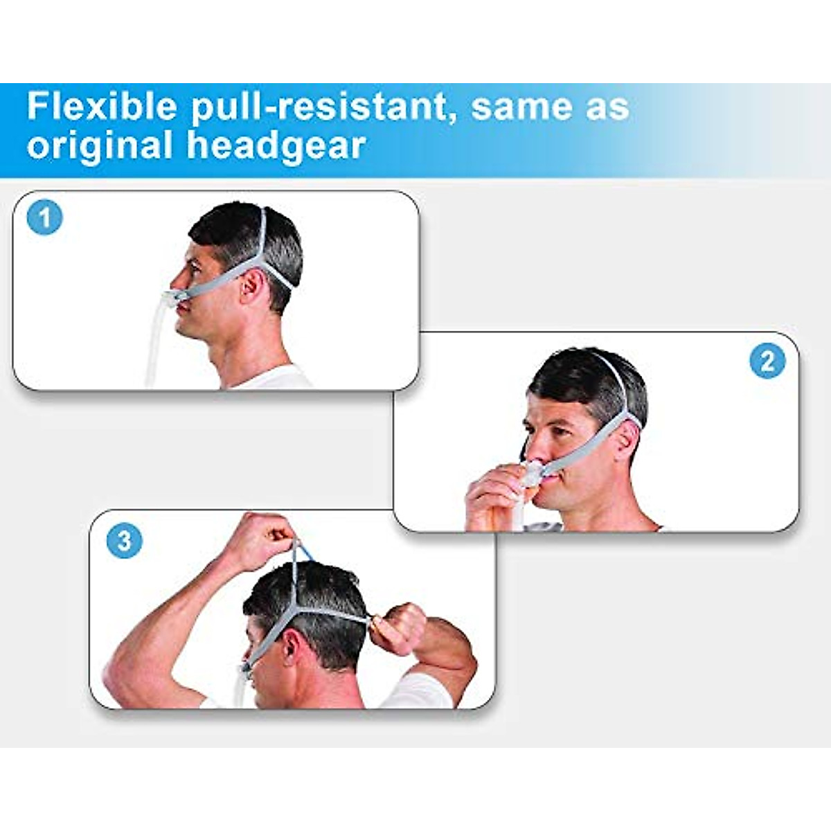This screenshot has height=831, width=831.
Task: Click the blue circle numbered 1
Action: [45, 218]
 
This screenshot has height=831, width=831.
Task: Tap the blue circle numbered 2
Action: [767, 361]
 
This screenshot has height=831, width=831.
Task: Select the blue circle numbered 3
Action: [125, 540]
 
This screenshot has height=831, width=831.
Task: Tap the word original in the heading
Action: [100, 146]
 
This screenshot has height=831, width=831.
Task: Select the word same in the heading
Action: [517, 107]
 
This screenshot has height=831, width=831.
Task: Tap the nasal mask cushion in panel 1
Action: [171, 301]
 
